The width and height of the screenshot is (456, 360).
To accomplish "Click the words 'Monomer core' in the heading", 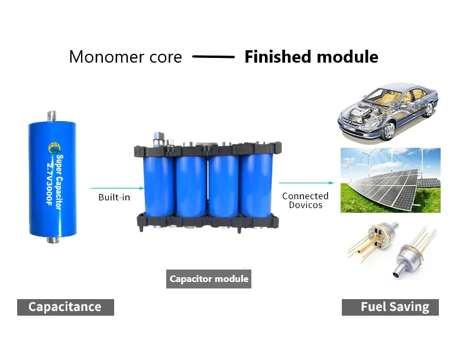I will coord(126,57).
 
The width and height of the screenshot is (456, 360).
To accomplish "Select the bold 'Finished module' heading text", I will coord(311,57).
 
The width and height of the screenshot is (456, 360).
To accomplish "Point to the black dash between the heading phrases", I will coord(214,57).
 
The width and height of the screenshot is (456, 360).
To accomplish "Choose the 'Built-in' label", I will coord(114,197).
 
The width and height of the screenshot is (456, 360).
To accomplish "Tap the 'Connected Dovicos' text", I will coord(305,200).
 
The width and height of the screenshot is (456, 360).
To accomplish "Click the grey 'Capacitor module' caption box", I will coord(209,278).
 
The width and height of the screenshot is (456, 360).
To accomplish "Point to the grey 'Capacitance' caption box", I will coord(65,307).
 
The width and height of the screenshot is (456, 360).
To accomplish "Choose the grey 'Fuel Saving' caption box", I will coord(390,307).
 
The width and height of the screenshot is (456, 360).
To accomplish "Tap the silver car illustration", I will coord(388,112).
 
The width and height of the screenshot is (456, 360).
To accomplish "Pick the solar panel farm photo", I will coord(390,180).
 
